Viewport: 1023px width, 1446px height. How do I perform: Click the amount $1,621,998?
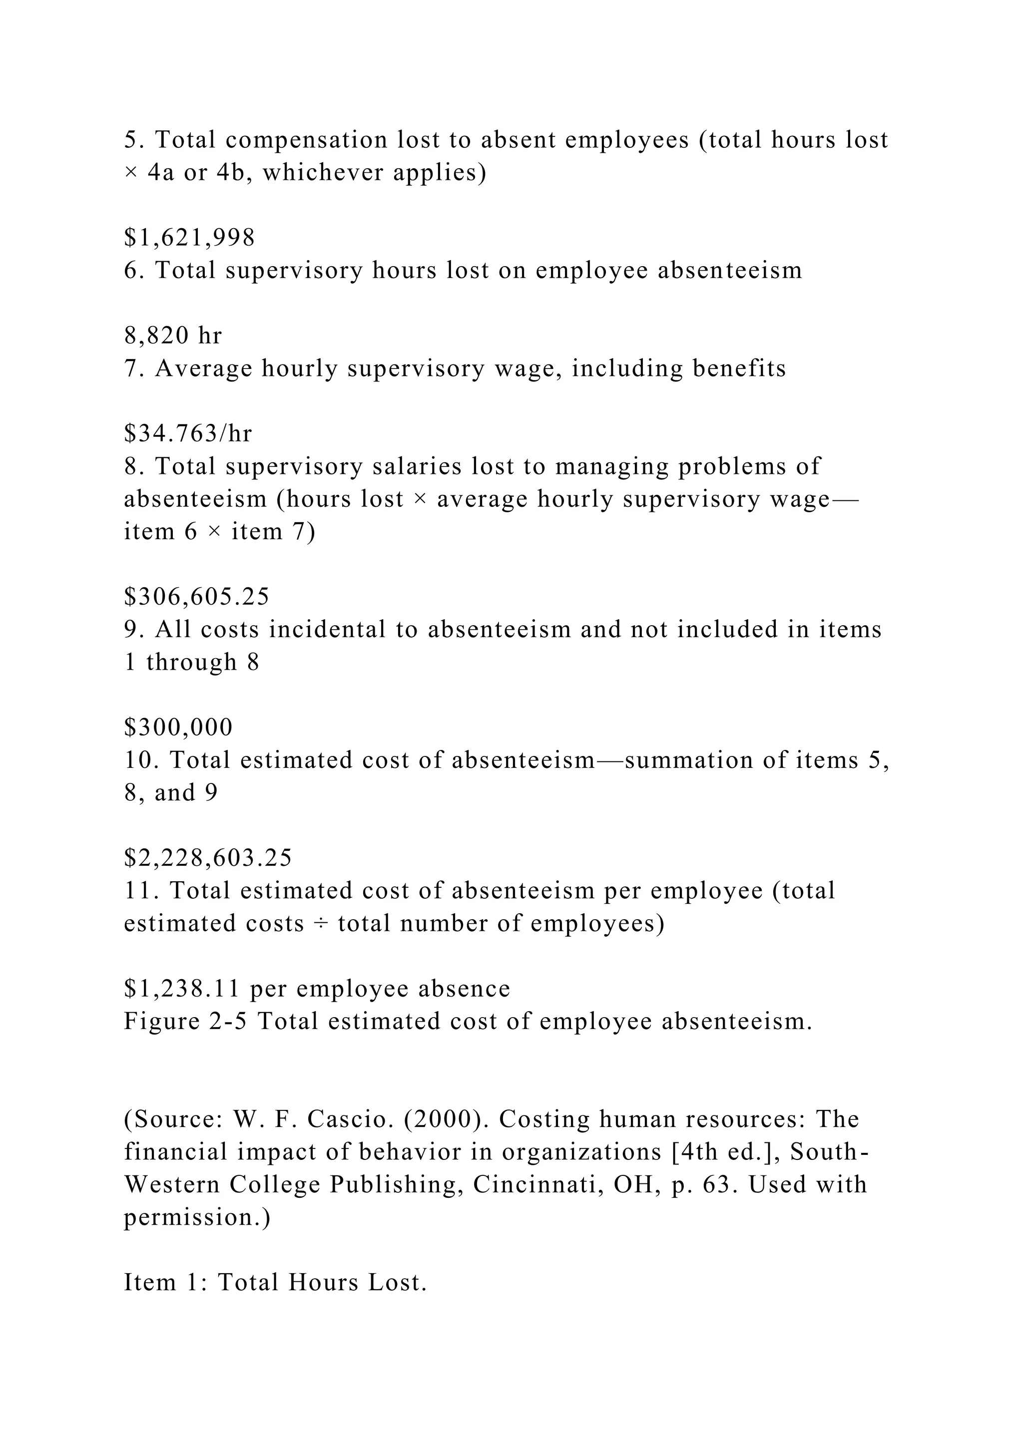tap(189, 238)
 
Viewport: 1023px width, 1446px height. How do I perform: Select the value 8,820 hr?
tap(173, 336)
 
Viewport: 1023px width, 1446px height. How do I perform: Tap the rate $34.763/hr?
tap(188, 433)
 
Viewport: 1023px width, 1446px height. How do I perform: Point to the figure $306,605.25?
tap(196, 596)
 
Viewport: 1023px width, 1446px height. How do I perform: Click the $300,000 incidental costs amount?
tap(178, 727)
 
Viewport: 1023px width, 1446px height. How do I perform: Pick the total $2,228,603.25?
tap(208, 858)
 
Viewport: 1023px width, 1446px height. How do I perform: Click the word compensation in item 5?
tap(306, 140)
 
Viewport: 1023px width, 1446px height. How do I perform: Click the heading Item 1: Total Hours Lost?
tap(275, 1282)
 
